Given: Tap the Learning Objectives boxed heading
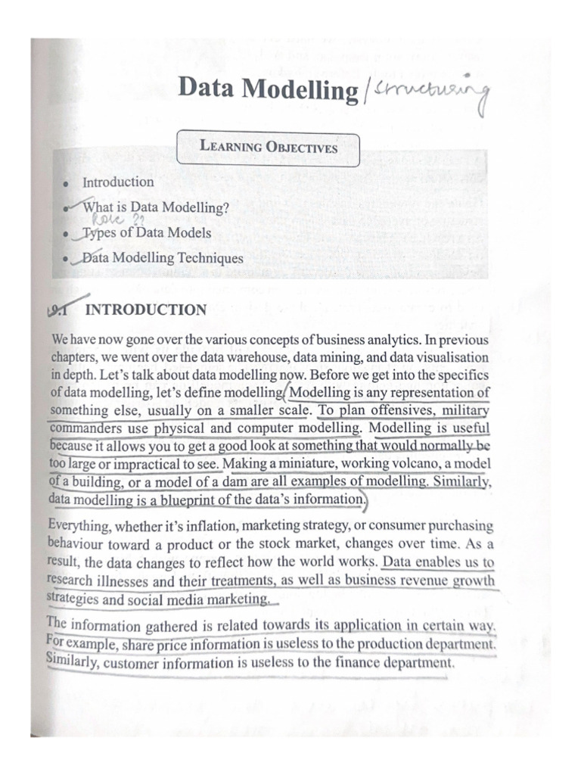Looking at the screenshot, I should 268,148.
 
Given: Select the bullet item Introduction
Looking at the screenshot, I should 117,182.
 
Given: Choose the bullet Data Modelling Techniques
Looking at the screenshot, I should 163,259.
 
